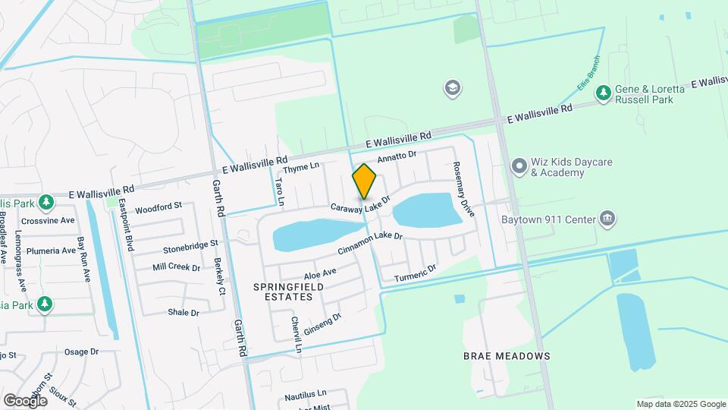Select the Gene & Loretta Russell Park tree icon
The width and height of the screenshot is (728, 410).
[x=604, y=93]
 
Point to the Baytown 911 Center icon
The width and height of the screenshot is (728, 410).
[x=607, y=220]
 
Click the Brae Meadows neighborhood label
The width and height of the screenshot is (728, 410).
[x=507, y=355]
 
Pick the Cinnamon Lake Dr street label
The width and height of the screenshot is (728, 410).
[x=369, y=244]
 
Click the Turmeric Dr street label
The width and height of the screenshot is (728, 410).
[x=416, y=273]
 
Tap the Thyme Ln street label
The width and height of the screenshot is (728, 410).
[x=302, y=168]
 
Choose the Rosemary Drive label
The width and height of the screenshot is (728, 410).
[x=463, y=190]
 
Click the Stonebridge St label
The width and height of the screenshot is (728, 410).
[x=190, y=247]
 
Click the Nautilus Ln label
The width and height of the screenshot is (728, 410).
[x=305, y=394]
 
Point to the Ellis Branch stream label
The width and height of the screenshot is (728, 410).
[x=588, y=74]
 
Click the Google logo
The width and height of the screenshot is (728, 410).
[x=25, y=400]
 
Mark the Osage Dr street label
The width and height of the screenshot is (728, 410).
[x=82, y=352]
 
